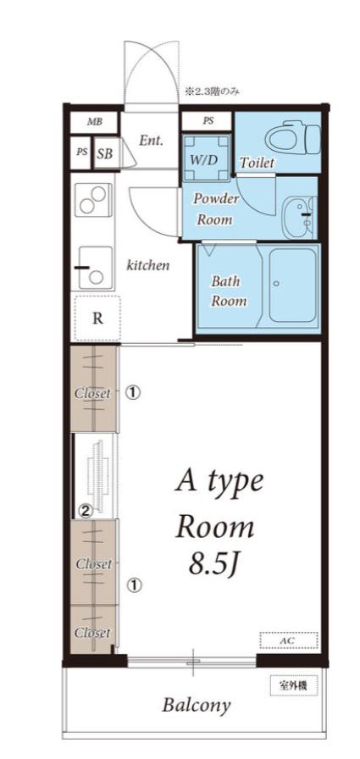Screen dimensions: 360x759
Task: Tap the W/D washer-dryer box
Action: pos(206,157)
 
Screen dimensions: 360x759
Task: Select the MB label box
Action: pos(95,121)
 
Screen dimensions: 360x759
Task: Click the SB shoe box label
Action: pos(106,154)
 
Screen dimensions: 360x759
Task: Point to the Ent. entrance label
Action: pos(151,141)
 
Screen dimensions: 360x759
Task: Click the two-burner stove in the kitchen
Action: pos(93,201)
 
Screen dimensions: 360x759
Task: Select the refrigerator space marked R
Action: pos(97,319)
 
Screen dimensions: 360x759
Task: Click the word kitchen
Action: pos(148,265)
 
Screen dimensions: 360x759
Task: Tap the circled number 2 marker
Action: pos(86,511)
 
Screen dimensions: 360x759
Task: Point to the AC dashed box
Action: pos(289,640)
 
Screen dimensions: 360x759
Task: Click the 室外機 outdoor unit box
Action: pos(294,685)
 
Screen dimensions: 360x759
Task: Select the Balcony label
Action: pos(196,705)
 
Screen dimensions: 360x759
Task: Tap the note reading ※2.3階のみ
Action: pos(212,91)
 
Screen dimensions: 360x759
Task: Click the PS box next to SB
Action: pos(82,152)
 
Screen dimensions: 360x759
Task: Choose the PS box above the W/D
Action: pos(208,121)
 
